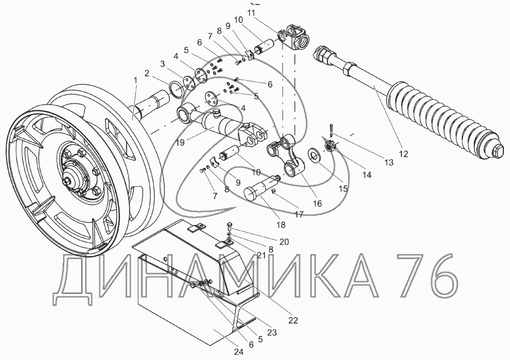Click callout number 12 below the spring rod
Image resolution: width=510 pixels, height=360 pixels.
(403, 154)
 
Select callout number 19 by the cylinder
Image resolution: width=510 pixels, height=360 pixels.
(182, 142)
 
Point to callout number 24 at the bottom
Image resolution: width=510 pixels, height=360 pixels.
(238, 352)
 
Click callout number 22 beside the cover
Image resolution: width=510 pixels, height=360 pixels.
(293, 320)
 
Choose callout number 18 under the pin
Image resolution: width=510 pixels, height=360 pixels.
(281, 225)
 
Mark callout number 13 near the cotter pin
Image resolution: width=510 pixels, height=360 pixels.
(389, 162)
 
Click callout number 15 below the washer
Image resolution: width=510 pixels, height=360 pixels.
(343, 188)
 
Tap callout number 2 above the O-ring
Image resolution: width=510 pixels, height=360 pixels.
(147, 73)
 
